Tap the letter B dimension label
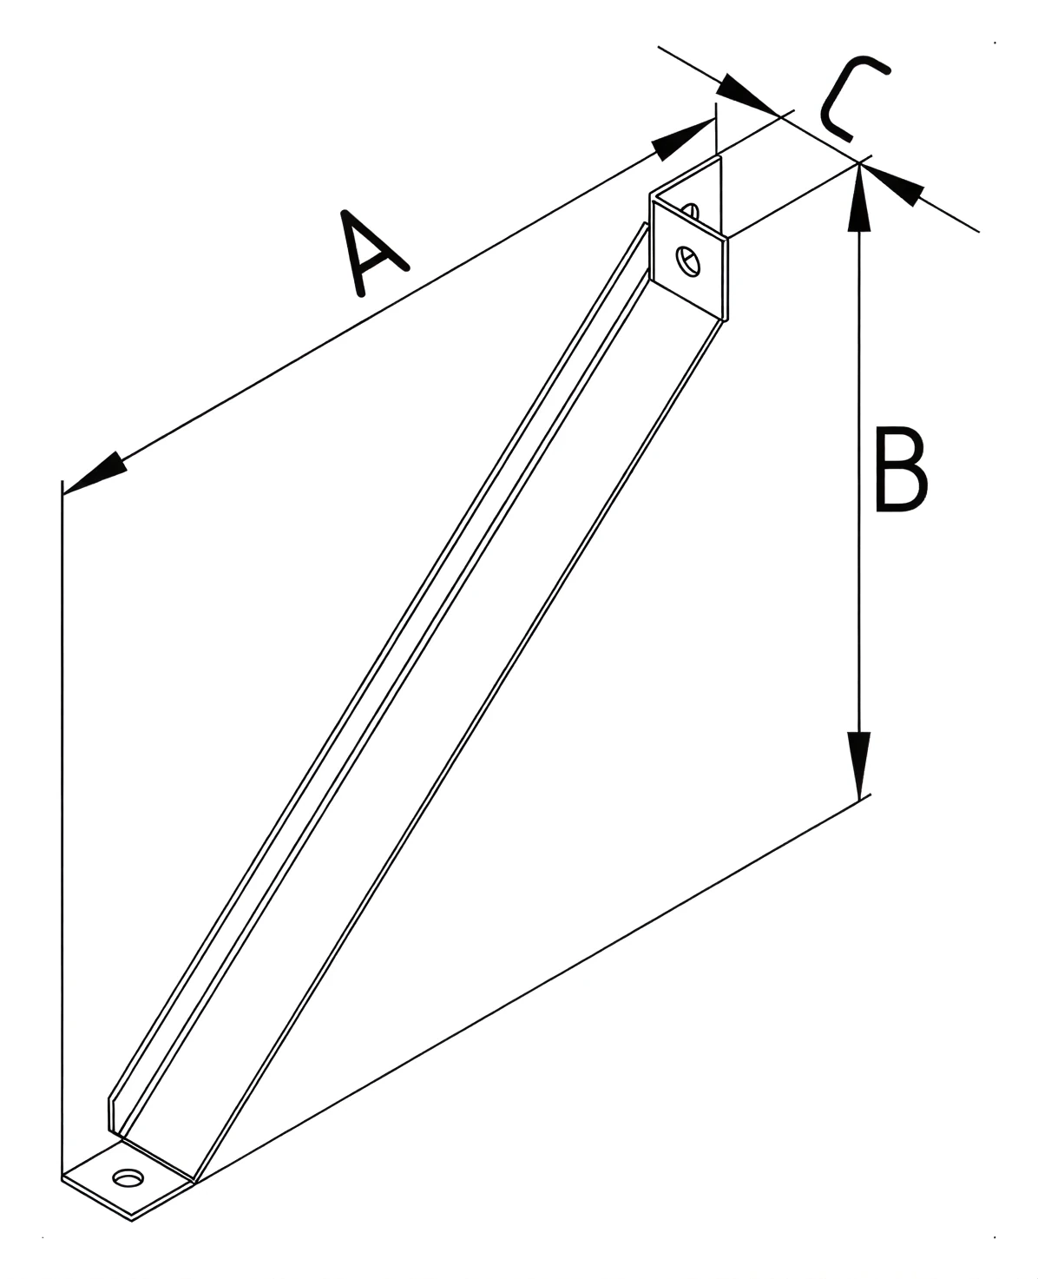point(901,469)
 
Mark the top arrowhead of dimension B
point(859,197)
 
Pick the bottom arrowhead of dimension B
point(859,766)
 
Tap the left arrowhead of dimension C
point(748,94)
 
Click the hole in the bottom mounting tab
point(128,1178)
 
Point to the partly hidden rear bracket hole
point(690,211)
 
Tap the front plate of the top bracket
point(689,259)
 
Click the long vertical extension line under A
point(62,827)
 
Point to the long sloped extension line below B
point(533,988)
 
